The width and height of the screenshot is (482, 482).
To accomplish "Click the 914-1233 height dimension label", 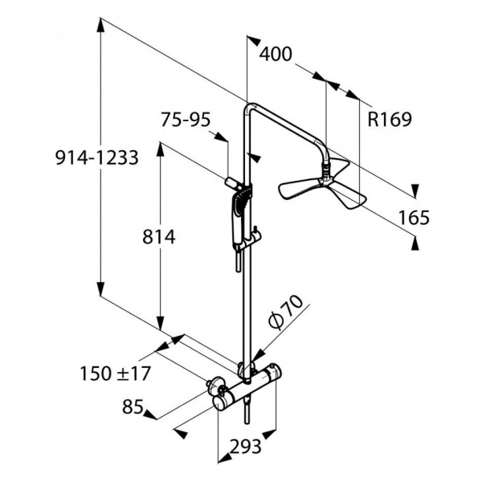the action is click(x=97, y=158).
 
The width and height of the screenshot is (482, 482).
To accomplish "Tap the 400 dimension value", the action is click(x=276, y=54).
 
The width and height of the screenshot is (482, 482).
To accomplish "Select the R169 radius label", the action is click(x=389, y=119).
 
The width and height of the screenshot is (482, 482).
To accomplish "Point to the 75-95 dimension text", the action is click(x=186, y=119).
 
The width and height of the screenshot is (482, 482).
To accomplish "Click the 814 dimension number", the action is click(x=158, y=237).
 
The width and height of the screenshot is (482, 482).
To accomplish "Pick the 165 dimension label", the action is click(x=414, y=218).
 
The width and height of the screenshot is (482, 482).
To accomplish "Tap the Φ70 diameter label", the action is click(x=285, y=312).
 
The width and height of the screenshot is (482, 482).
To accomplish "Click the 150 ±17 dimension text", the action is click(x=115, y=374).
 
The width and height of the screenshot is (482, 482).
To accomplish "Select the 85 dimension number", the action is click(x=133, y=406).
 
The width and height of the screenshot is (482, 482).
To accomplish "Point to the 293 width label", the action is click(x=245, y=446).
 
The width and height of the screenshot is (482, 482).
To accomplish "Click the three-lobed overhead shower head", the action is click(x=322, y=189).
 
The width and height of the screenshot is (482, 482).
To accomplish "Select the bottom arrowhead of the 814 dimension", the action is click(x=160, y=323).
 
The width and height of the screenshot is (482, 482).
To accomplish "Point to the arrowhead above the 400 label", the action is click(x=254, y=41).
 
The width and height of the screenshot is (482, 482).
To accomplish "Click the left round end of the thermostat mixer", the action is click(x=221, y=402).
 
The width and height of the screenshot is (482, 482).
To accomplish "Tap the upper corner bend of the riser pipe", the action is click(x=251, y=108).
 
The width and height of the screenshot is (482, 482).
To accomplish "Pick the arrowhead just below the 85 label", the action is click(x=150, y=415).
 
